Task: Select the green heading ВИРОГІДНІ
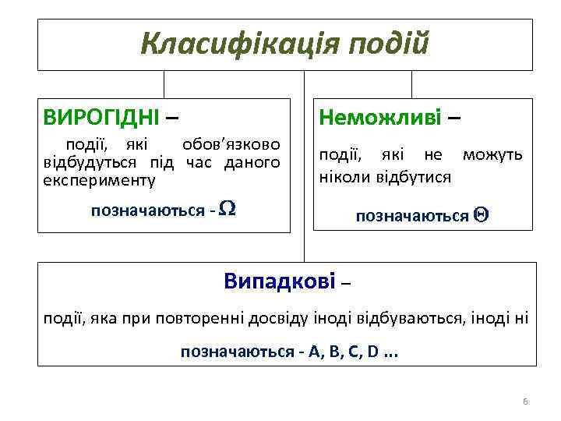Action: point(101,118)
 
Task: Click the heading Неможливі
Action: point(380,118)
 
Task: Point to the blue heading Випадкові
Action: point(279,281)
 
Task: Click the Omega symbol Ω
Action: point(228,209)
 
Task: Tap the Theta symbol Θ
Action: point(481,216)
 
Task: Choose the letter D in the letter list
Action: point(373,352)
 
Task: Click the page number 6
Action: point(525,402)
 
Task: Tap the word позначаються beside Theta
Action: point(412,216)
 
